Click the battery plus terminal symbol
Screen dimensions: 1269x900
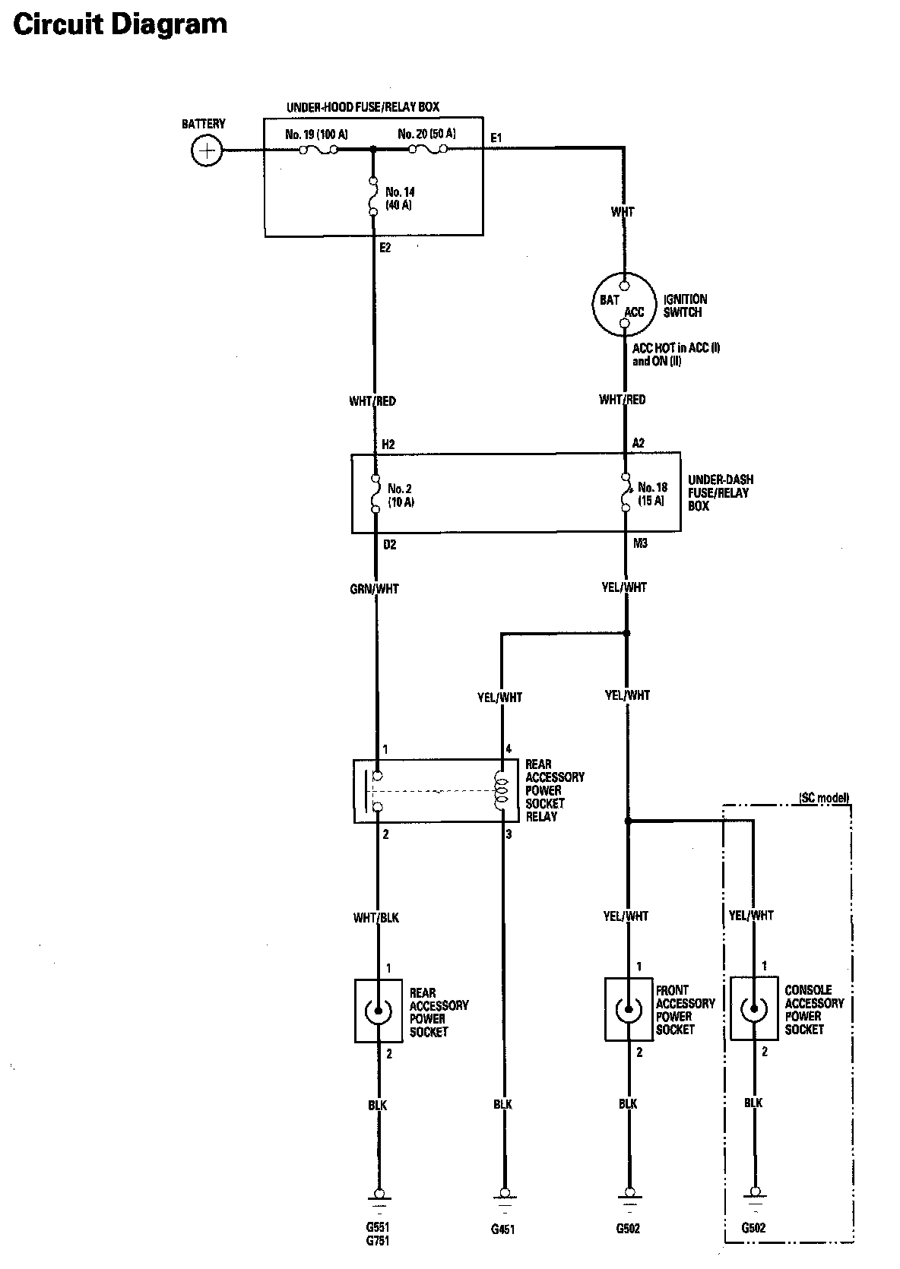(206, 150)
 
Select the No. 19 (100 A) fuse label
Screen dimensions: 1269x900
(316, 134)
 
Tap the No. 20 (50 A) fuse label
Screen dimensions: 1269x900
(427, 134)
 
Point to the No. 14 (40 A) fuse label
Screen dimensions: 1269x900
(400, 198)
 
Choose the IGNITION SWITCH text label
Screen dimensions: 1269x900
(685, 305)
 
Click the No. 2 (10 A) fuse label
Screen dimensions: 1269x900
(401, 495)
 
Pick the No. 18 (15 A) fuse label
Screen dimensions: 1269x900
(651, 494)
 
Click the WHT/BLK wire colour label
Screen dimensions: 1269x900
(376, 917)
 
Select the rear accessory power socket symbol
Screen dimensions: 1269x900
(378, 1011)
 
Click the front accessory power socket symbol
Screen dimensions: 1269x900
(628, 1009)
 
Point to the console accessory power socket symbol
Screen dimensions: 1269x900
(753, 1009)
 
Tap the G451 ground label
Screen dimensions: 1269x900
(502, 1229)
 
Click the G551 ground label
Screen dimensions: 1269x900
(378, 1227)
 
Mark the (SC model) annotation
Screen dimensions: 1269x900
(823, 798)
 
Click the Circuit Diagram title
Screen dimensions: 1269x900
(120, 24)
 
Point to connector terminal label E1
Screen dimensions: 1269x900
(496, 138)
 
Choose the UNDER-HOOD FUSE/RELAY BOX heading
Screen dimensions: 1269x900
(363, 107)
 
